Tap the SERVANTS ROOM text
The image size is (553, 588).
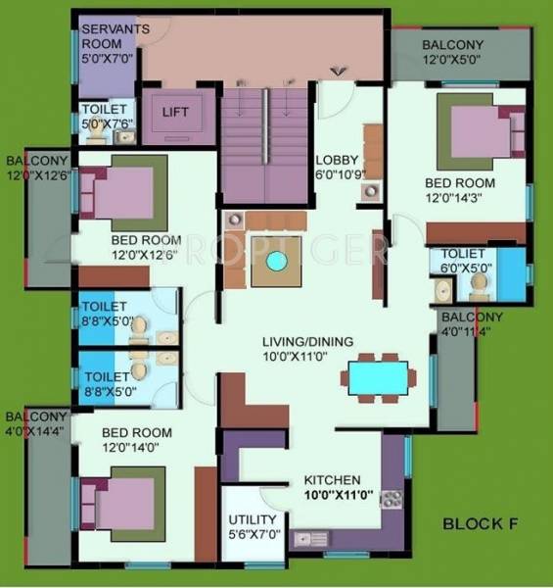115,36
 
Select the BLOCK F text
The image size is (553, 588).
479,523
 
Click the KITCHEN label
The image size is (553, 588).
332,480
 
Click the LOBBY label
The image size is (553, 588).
336,161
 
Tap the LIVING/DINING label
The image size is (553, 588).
307,341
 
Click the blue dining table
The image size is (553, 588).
378,377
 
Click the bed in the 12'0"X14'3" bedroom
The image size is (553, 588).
474,131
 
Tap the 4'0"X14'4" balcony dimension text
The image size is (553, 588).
36,430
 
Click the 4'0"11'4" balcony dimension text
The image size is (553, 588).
471,331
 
